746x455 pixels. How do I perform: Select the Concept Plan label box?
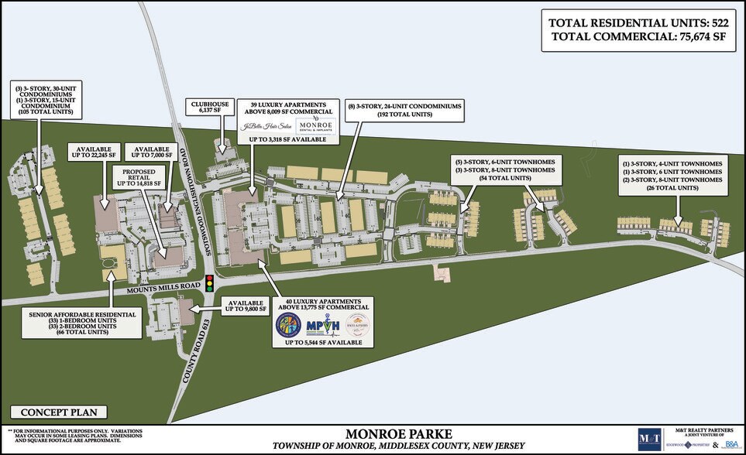click(58, 412)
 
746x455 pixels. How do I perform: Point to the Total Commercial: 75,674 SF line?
click(638, 39)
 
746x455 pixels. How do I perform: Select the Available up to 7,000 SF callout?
click(152, 152)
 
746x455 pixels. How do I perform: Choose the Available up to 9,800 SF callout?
click(245, 305)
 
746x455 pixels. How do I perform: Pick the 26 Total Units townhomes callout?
click(672, 176)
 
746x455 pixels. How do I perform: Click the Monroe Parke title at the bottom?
click(397, 433)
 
